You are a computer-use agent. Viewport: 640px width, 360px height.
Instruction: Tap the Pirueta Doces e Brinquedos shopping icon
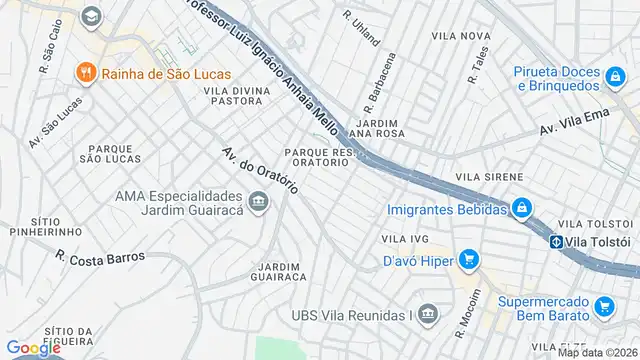click(x=615, y=73)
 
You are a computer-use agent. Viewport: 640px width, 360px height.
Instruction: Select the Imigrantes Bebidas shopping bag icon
click(x=520, y=208)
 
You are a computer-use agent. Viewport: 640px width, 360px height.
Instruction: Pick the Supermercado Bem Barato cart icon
click(x=603, y=306)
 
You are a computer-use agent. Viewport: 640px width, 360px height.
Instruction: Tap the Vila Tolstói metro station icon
click(x=555, y=241)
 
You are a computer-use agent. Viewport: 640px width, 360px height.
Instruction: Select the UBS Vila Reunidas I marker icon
click(x=427, y=315)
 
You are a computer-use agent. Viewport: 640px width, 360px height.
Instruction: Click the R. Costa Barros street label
click(x=100, y=257)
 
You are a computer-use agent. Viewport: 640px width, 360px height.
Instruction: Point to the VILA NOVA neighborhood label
click(x=460, y=35)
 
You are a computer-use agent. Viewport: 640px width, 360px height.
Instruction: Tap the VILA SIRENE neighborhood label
click(x=488, y=177)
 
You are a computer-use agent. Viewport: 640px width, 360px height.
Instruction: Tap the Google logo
click(x=34, y=347)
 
